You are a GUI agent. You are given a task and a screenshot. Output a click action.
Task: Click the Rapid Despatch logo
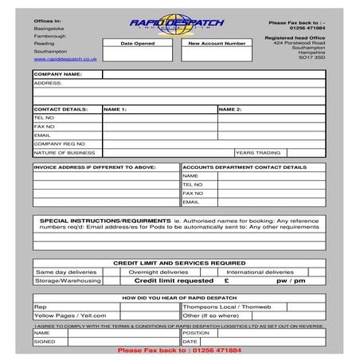177,24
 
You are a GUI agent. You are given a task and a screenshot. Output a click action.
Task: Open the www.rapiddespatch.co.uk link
65,59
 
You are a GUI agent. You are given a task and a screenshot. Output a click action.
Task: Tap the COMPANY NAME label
58,73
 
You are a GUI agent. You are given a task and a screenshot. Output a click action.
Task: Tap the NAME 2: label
229,108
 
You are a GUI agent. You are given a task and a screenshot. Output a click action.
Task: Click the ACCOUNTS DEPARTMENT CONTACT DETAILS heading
244,167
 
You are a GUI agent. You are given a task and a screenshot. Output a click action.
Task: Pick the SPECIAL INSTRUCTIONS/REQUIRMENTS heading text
105,220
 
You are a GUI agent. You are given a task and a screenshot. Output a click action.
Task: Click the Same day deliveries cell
65,272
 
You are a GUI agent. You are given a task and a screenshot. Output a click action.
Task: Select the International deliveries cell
260,272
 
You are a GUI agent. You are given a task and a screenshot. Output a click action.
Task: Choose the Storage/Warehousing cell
67,280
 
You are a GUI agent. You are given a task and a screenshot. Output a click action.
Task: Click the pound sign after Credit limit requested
227,280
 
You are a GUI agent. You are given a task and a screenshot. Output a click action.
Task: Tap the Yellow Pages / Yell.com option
70,315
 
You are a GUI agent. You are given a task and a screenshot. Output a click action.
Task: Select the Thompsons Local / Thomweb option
227,306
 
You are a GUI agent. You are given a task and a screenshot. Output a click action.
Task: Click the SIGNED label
45,341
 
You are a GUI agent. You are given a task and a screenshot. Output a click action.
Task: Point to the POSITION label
196,333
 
